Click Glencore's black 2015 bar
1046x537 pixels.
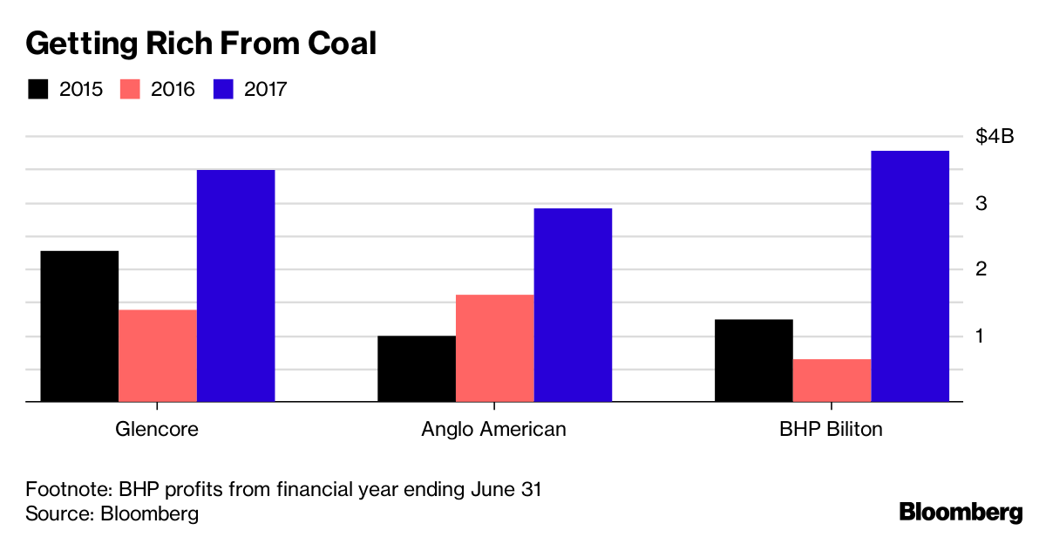click(x=78, y=326)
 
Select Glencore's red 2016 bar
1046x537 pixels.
click(x=158, y=356)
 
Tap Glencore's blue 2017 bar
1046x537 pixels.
click(x=235, y=286)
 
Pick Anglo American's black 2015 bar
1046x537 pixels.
click(x=417, y=369)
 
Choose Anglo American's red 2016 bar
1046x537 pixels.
click(x=495, y=349)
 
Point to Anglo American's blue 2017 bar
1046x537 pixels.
click(x=573, y=305)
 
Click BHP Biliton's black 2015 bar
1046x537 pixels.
click(x=754, y=361)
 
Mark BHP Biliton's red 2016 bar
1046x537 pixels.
click(x=832, y=381)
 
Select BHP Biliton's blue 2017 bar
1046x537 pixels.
click(x=910, y=276)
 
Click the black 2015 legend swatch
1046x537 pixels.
click(x=38, y=89)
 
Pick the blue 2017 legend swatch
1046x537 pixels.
click(x=223, y=89)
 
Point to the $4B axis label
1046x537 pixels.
click(x=995, y=137)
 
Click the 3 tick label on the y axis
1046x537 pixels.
click(x=981, y=203)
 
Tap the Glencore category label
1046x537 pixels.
click(x=157, y=430)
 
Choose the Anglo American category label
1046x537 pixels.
click(x=493, y=430)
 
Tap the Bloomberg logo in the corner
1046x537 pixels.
click(x=961, y=512)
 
